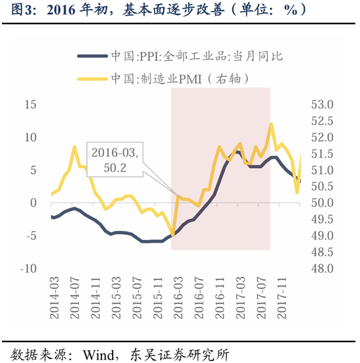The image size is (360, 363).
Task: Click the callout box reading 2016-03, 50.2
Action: click(115, 160)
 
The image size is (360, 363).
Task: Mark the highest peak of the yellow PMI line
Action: click(270, 124)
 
